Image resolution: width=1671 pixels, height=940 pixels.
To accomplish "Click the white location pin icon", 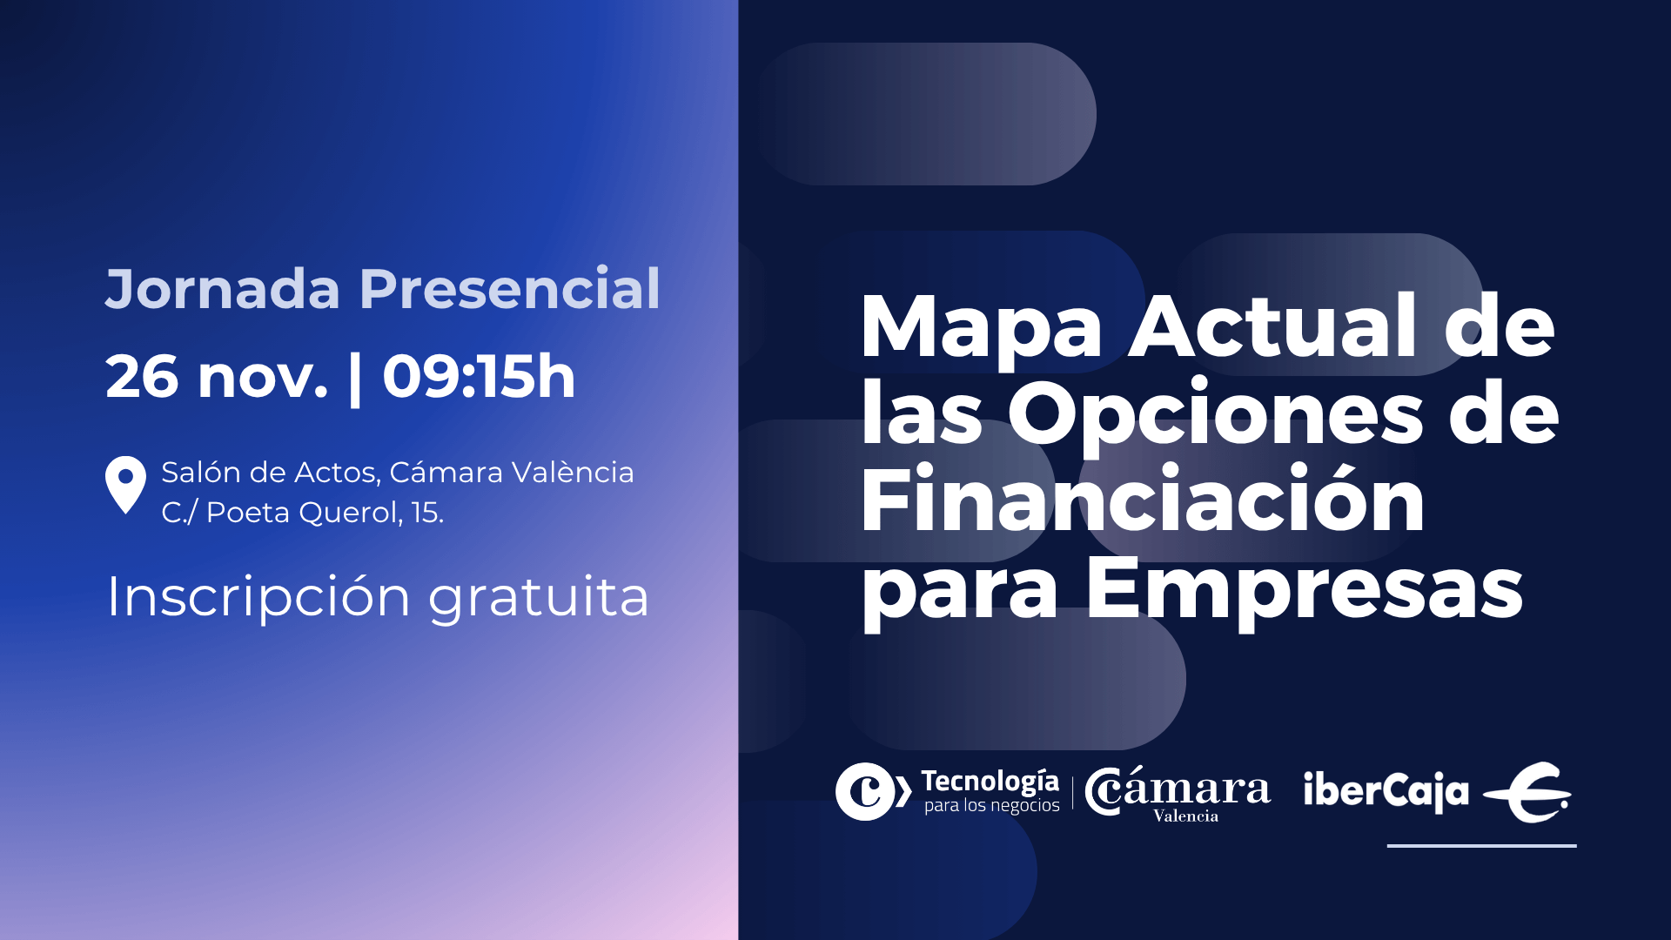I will pos(125,483).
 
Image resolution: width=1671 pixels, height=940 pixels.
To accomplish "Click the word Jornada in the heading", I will pos(222,289).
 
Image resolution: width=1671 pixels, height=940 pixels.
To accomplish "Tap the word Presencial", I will pos(509,289).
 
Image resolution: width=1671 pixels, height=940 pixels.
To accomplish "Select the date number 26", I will pos(142,377).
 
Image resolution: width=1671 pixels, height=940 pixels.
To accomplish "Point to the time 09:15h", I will pos(479,377).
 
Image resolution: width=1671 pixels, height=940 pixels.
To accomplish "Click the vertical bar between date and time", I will pos(354,379).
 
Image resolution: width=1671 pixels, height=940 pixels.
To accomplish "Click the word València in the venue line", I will pos(572,472).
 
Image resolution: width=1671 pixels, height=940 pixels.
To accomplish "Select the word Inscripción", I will pos(258,597).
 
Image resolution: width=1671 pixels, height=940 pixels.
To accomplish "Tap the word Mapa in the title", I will pos(982,328).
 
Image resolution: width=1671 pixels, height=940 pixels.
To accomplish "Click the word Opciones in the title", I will pos(1215,414).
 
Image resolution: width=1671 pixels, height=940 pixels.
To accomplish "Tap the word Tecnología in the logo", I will pos(990,781).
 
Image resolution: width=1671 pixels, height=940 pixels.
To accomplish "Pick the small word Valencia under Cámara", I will pos(1185,816).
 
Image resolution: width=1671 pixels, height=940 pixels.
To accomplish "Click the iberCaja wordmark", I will pos(1386,790).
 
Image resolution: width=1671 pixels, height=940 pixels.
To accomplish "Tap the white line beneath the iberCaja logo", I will pos(1481,845).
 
